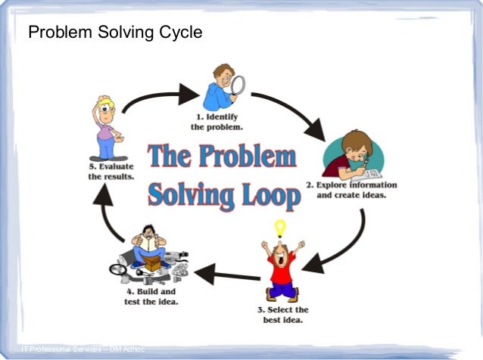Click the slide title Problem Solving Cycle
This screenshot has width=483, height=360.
tap(115, 34)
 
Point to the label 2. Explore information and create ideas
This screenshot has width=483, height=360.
tap(351, 190)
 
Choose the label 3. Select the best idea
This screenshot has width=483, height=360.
tap(281, 315)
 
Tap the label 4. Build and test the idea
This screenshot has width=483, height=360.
tap(151, 296)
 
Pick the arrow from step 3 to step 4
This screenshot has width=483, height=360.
tap(223, 273)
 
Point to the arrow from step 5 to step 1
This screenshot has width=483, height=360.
tap(155, 96)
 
